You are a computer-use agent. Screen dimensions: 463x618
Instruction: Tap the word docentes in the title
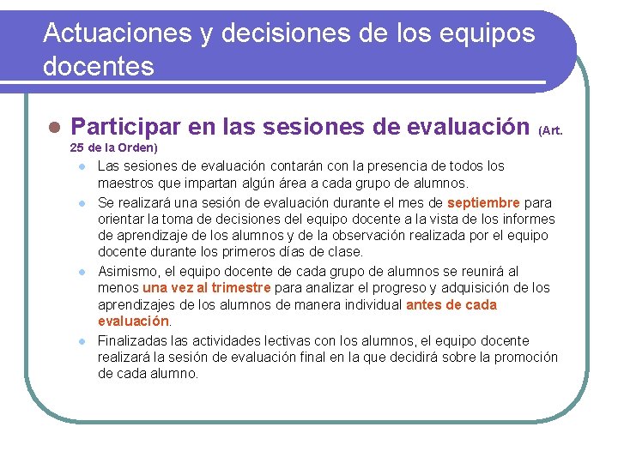(99, 66)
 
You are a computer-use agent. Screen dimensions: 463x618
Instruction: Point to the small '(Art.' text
(550, 130)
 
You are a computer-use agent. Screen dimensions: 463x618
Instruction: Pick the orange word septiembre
(483, 202)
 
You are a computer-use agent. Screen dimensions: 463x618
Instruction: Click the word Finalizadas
(131, 340)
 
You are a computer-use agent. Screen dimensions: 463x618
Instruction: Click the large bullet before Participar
(54, 128)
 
